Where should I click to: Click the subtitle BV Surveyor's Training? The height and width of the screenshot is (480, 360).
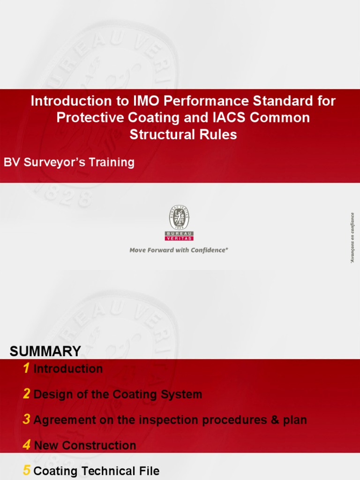click(69, 163)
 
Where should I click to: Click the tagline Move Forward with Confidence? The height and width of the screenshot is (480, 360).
click(179, 250)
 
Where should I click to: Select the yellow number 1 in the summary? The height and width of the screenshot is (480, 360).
click(26, 369)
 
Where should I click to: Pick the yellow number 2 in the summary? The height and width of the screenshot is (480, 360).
click(26, 394)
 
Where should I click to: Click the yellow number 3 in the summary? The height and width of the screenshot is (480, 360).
click(26, 420)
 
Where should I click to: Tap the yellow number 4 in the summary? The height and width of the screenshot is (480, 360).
click(26, 445)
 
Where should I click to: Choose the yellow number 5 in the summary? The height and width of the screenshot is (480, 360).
click(27, 471)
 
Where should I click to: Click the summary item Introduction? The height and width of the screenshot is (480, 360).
click(68, 369)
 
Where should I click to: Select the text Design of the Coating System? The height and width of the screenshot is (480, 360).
click(118, 395)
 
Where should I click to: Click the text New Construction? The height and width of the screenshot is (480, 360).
click(85, 446)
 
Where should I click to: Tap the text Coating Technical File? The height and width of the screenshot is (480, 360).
click(97, 471)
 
